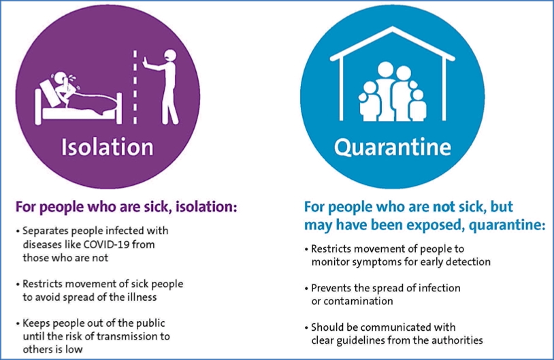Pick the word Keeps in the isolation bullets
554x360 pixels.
(36, 323)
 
